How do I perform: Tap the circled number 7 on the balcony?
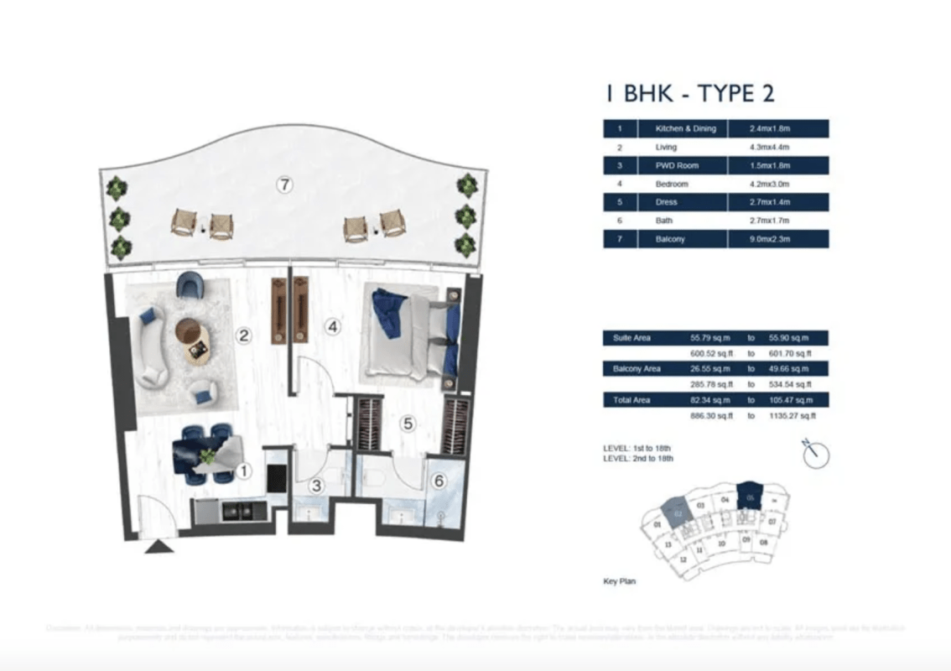click(285, 185)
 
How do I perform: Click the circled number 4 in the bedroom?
click(333, 327)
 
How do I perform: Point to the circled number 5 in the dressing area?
click(408, 424)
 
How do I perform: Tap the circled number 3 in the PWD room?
click(316, 485)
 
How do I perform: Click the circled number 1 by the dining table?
click(242, 471)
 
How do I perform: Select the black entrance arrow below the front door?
click(159, 547)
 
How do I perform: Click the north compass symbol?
click(815, 455)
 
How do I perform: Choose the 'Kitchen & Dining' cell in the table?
click(685, 129)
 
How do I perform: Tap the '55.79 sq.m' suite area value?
click(706, 338)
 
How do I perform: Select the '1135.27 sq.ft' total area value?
click(792, 415)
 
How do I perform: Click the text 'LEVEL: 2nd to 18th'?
click(638, 459)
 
